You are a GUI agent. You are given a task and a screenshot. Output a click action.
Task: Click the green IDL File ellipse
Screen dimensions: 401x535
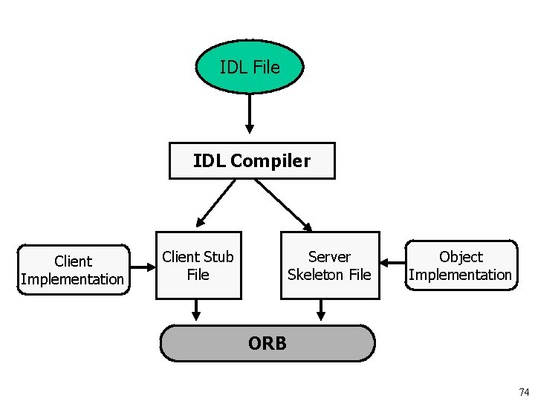click(x=250, y=67)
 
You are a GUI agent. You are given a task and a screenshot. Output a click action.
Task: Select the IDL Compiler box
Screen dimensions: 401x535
click(x=252, y=160)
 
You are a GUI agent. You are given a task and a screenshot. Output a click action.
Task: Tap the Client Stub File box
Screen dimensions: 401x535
click(x=198, y=266)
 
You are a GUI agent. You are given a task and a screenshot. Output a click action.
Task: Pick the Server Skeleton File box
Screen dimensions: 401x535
click(x=329, y=266)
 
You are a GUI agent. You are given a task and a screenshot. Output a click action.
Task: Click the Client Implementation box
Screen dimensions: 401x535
click(x=73, y=270)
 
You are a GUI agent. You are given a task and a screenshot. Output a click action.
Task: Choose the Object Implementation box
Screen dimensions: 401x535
click(x=461, y=266)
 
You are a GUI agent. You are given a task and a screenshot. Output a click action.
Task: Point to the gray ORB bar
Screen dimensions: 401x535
click(x=267, y=343)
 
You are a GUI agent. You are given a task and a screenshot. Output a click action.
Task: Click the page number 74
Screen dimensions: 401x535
click(x=524, y=391)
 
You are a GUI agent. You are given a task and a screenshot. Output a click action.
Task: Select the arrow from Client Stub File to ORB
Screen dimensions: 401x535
click(x=197, y=310)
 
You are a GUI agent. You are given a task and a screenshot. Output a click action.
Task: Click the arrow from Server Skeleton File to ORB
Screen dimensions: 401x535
click(x=321, y=310)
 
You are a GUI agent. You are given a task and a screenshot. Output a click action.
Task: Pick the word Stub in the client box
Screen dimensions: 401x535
click(x=218, y=257)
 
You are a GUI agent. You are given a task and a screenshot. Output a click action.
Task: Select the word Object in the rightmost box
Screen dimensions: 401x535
click(x=461, y=257)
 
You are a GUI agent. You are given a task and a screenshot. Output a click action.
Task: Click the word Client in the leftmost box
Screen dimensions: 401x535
click(x=73, y=261)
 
